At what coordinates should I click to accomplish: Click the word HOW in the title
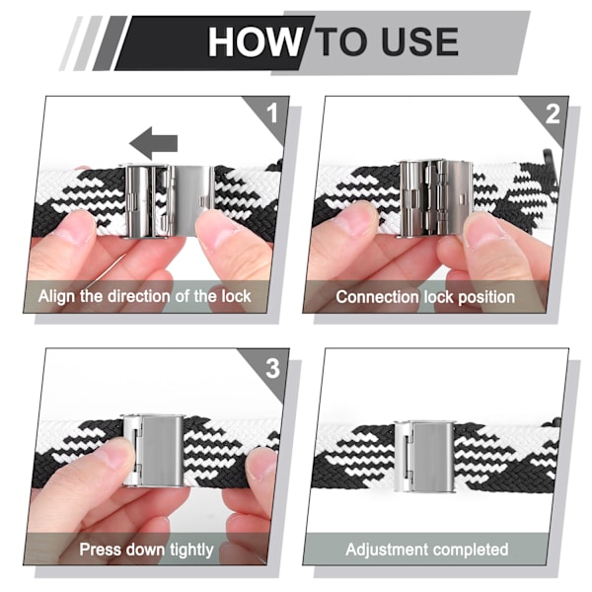click(254, 41)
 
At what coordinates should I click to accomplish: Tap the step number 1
click(272, 112)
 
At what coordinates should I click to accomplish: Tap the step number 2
click(553, 113)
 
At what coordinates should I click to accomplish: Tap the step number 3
click(272, 368)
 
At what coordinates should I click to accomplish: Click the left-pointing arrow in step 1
click(153, 143)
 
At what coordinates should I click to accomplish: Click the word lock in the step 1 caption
click(237, 296)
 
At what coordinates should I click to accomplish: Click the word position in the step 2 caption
click(486, 298)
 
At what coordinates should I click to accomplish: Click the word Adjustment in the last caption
click(388, 550)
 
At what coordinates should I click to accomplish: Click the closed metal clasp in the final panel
click(424, 456)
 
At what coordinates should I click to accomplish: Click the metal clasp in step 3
click(153, 451)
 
